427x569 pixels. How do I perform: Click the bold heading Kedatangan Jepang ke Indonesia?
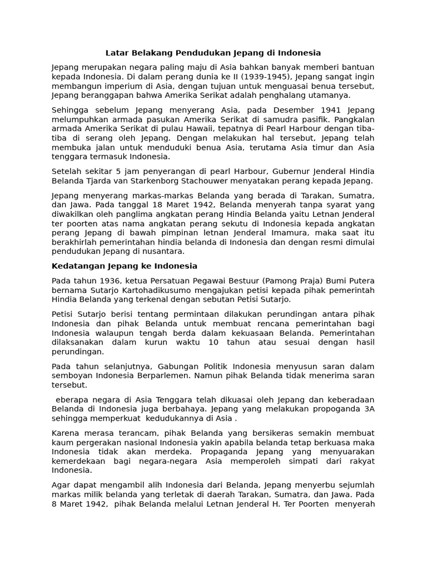125,266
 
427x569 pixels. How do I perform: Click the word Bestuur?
285,281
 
